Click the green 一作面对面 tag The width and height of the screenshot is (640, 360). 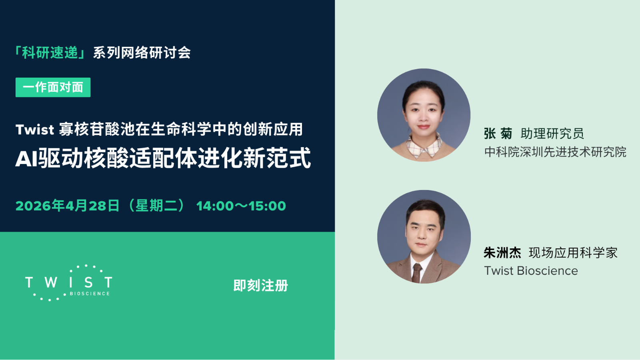coord(53,87)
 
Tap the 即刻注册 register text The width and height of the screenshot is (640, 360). coord(260,286)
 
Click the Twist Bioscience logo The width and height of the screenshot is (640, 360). coord(68,282)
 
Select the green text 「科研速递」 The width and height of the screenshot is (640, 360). coord(50,52)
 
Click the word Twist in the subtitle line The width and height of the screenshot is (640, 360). coord(34,130)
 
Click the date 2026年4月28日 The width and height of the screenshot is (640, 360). coord(67,206)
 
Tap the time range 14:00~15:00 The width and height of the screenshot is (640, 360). coord(241,206)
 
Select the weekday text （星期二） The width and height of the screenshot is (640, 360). coord(156,206)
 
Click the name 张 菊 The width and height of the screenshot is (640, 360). coord(498,134)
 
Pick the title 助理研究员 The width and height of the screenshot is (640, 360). coord(552,134)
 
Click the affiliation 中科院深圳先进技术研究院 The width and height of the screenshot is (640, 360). coord(555,152)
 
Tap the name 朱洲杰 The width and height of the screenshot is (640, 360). coord(502,253)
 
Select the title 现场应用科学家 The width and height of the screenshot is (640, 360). coord(573,253)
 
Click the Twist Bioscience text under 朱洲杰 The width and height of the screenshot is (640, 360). coord(531,271)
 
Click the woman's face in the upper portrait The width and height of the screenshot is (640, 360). coord(423,110)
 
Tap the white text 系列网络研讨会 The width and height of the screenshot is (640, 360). coord(142,52)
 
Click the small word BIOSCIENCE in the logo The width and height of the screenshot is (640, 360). coord(90,294)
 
